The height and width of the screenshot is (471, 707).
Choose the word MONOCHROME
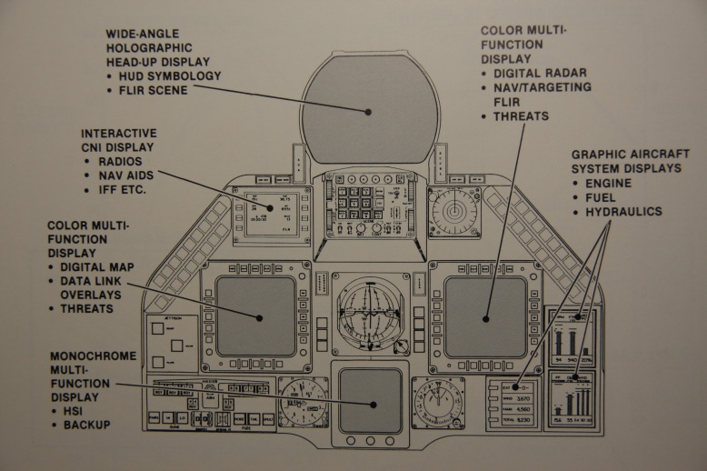(94, 357)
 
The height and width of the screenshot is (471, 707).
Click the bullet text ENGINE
(608, 183)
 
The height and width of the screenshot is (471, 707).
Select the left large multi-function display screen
(255, 316)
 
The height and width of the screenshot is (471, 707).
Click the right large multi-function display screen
(485, 316)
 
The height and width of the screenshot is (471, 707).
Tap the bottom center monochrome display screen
(370, 400)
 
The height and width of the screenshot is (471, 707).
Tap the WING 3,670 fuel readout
(512, 398)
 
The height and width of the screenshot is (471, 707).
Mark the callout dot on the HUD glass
(369, 112)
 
